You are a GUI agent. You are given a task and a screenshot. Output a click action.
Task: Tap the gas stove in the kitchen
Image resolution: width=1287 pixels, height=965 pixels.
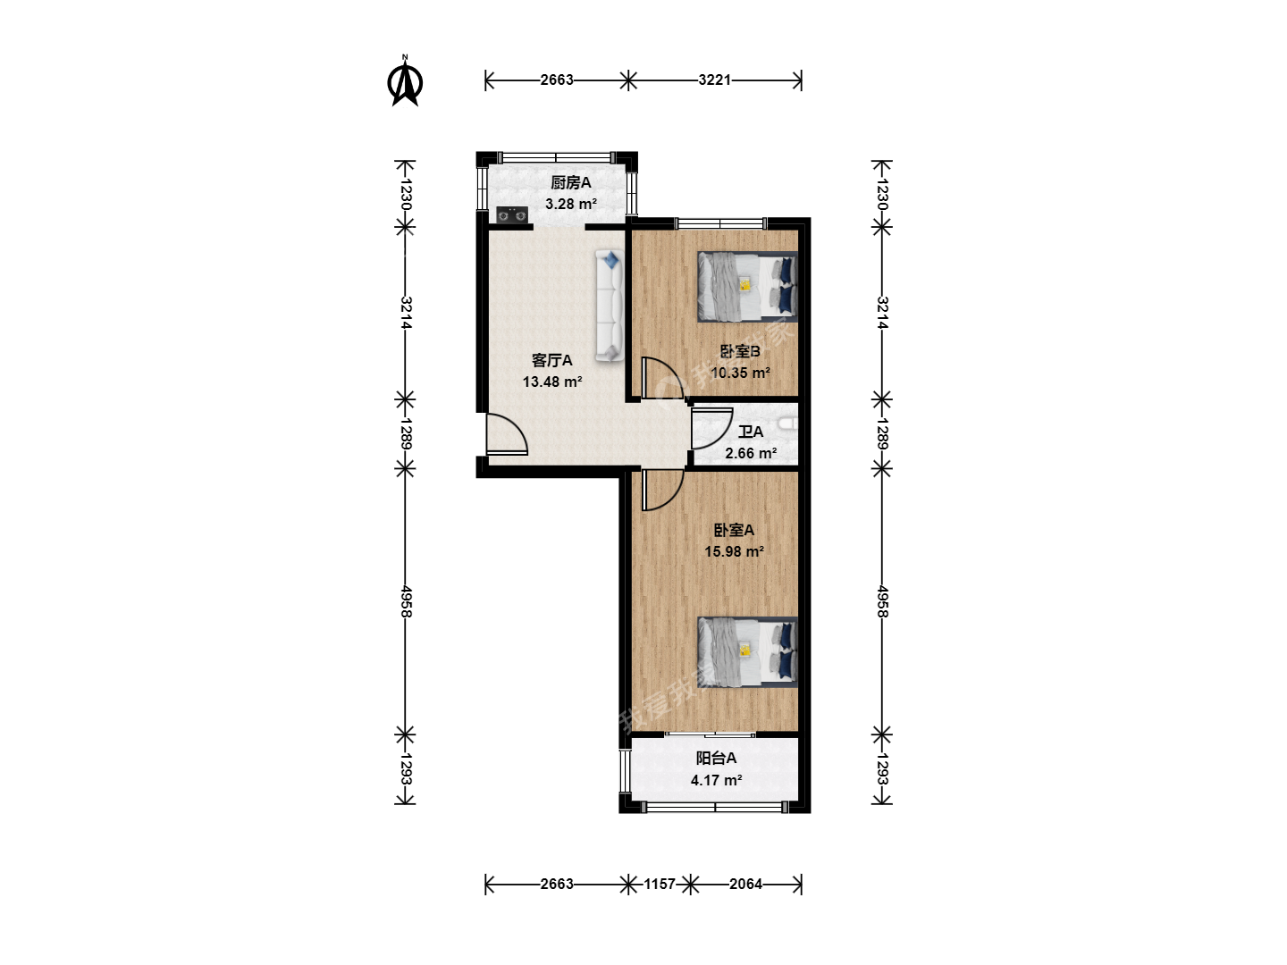(512, 215)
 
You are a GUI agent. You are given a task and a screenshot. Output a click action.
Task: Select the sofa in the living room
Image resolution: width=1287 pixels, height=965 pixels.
(610, 306)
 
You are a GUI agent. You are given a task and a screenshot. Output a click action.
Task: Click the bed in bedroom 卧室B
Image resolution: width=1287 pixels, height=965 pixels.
(747, 287)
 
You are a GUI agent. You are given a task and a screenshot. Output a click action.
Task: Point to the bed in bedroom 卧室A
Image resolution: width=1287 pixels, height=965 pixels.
(747, 651)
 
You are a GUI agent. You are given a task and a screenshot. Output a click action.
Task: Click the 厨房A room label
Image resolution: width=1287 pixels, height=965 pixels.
(570, 183)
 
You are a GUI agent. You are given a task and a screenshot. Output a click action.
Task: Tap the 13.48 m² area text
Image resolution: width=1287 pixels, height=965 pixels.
(552, 382)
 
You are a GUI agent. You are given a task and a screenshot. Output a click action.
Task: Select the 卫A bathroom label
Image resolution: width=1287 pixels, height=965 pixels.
(751, 432)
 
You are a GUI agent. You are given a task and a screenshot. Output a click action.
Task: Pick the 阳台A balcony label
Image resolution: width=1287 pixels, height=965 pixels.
(716, 759)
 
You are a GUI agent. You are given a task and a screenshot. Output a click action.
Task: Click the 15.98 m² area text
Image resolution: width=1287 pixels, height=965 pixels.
(734, 551)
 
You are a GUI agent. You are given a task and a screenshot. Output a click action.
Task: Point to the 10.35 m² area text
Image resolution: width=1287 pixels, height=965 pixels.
(740, 373)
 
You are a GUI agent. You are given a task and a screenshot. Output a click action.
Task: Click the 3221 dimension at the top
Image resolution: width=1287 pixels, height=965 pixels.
(715, 80)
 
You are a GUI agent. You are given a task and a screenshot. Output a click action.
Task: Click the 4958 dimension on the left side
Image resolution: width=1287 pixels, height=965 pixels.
(405, 600)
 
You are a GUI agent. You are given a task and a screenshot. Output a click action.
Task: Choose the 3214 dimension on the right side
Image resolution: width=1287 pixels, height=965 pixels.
(882, 313)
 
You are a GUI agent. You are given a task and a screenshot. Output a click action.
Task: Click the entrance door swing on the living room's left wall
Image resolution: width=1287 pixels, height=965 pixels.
(507, 434)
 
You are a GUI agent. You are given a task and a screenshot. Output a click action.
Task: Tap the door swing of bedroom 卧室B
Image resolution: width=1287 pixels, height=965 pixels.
(662, 378)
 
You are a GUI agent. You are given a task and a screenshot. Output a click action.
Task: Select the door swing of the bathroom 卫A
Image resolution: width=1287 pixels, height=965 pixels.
(712, 428)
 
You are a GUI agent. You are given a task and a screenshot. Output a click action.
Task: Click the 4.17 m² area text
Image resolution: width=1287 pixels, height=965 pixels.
(716, 780)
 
